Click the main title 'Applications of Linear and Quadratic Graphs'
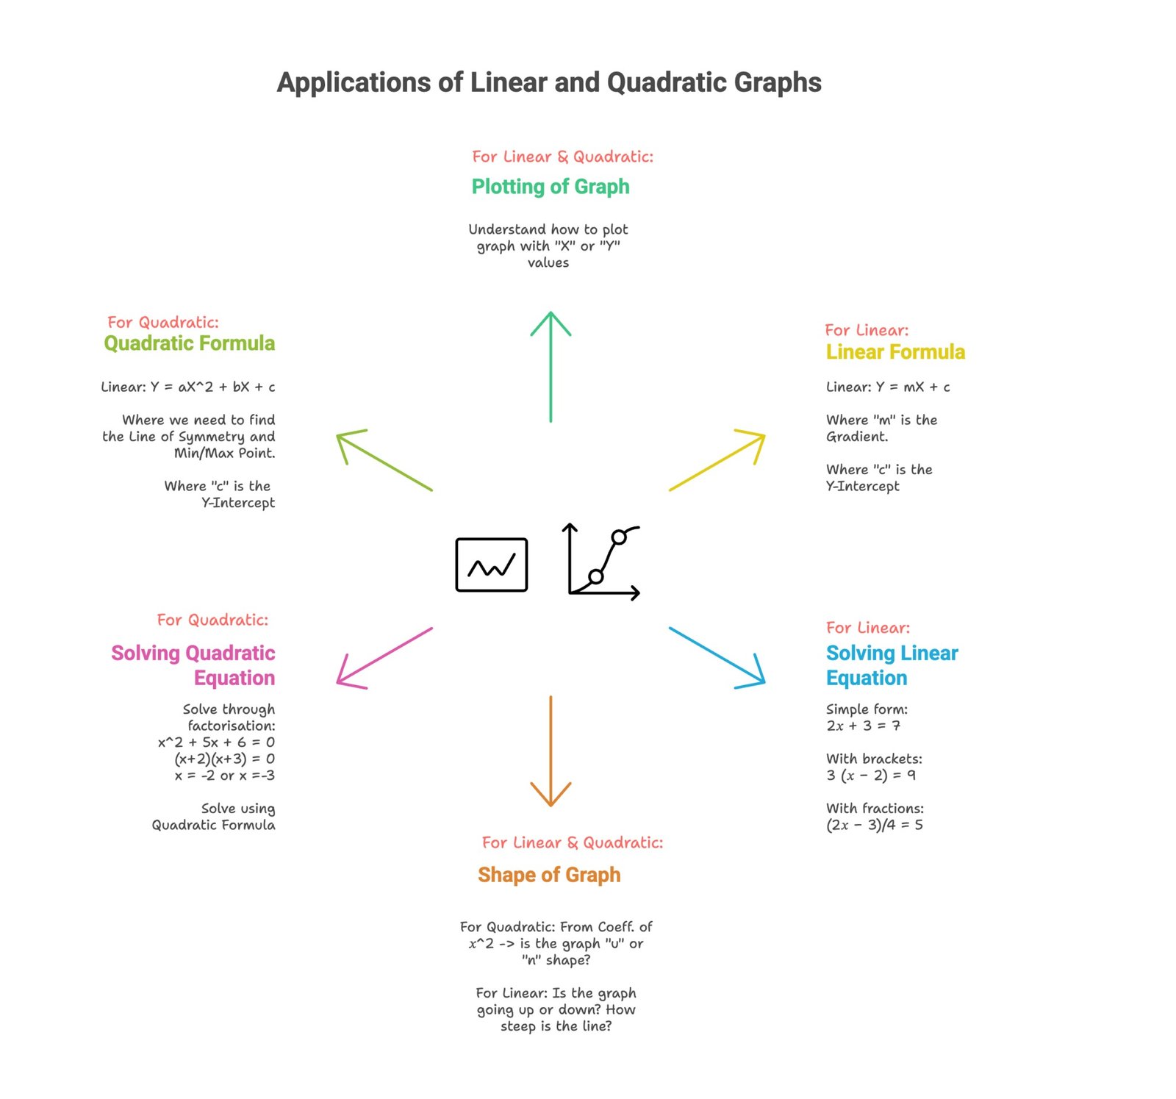tap(549, 83)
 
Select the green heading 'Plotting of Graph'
tap(551, 187)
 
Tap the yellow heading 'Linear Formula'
tap(895, 351)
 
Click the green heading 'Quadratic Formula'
tap(190, 343)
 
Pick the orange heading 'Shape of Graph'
tap(549, 875)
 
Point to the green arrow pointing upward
tap(551, 367)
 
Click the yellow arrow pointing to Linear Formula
tap(717, 461)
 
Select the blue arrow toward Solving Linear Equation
tap(717, 658)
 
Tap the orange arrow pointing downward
tap(551, 751)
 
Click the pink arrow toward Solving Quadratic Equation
tap(384, 658)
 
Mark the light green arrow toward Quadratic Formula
tap(384, 461)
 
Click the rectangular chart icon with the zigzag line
tap(492, 565)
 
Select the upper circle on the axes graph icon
tap(619, 537)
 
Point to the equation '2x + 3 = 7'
tap(864, 726)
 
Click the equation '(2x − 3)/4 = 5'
tap(875, 825)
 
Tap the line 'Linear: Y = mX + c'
tap(888, 387)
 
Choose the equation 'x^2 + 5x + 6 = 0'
tap(217, 742)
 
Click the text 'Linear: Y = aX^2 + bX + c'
tap(188, 387)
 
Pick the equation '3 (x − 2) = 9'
tap(871, 776)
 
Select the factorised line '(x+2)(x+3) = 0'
tap(225, 759)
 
